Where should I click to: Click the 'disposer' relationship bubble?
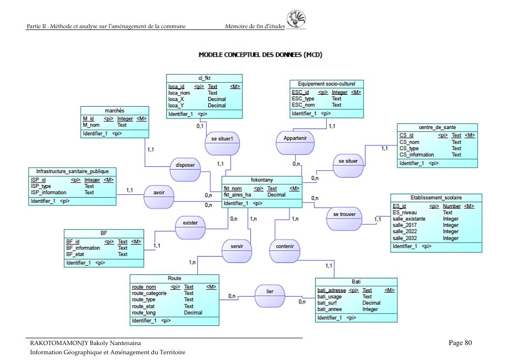click(x=186, y=165)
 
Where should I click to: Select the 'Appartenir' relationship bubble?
click(x=295, y=138)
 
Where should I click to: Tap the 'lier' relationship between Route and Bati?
click(x=270, y=292)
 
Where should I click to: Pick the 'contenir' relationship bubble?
click(x=284, y=246)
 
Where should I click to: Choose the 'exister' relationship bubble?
click(x=190, y=223)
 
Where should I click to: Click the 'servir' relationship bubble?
click(x=237, y=246)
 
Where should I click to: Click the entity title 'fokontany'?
click(x=262, y=180)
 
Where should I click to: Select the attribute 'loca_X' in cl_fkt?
click(x=176, y=99)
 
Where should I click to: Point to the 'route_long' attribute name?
click(x=144, y=313)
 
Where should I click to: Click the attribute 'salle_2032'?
click(x=405, y=238)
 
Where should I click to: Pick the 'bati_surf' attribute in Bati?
click(x=329, y=303)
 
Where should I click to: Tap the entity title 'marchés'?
click(x=114, y=111)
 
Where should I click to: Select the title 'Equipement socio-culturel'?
click(x=326, y=84)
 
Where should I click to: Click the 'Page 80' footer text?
click(x=460, y=343)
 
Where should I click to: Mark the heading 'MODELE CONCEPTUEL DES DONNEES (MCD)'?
click(x=261, y=55)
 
